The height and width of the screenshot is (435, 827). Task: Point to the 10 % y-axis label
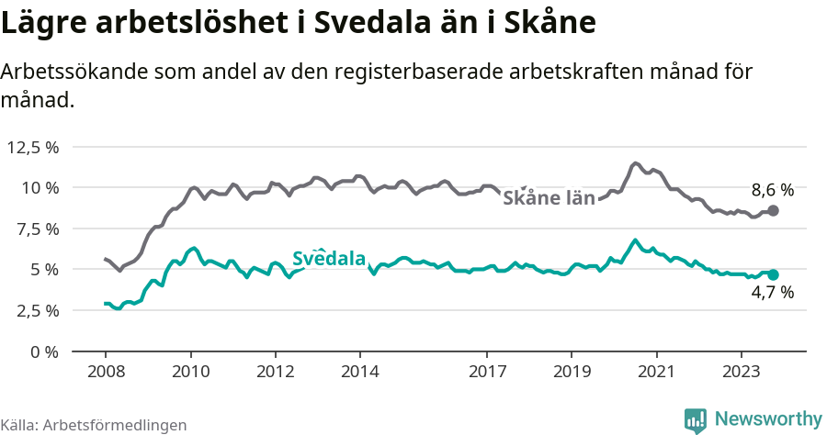click(40, 187)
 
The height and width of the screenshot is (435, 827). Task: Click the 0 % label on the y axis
click(44, 351)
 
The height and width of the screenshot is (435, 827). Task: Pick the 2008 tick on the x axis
click(106, 374)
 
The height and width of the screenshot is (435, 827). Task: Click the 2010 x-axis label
click(190, 374)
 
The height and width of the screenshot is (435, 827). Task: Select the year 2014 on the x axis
click(359, 374)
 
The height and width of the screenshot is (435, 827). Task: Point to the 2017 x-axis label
click(487, 374)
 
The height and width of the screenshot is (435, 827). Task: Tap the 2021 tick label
click(656, 374)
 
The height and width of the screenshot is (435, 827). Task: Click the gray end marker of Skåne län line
click(773, 210)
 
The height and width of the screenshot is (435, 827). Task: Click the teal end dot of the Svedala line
click(773, 274)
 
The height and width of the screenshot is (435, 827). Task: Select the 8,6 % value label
click(772, 191)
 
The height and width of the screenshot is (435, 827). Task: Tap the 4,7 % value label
click(772, 294)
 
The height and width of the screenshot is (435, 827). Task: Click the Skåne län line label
click(549, 196)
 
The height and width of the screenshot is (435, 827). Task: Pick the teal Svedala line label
click(329, 260)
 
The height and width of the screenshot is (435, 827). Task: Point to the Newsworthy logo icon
click(696, 419)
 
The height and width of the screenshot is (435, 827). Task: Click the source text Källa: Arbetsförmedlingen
click(94, 425)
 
